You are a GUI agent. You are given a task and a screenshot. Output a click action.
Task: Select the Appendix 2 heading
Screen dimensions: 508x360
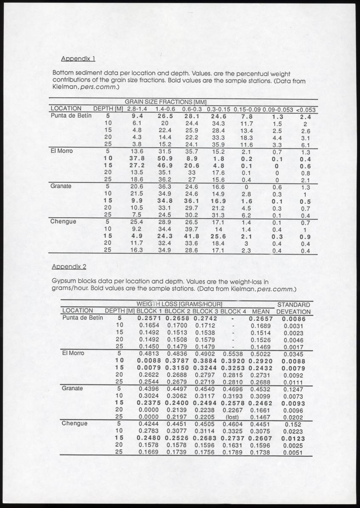pyautogui.click(x=69, y=267)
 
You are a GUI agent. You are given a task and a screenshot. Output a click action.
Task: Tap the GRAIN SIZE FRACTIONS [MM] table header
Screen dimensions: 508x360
pyautogui.click(x=165, y=102)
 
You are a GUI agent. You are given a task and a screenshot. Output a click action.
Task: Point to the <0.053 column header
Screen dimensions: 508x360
pyautogui.click(x=305, y=109)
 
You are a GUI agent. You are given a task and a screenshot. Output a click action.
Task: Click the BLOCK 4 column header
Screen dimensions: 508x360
pyautogui.click(x=233, y=311)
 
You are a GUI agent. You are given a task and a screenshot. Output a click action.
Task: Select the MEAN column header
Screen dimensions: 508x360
pyautogui.click(x=260, y=311)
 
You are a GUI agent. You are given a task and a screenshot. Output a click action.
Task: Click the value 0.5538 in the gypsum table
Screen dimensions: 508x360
pyautogui.click(x=233, y=353)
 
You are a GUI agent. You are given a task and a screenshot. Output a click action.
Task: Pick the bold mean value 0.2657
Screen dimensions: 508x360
pyautogui.click(x=260, y=318)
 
